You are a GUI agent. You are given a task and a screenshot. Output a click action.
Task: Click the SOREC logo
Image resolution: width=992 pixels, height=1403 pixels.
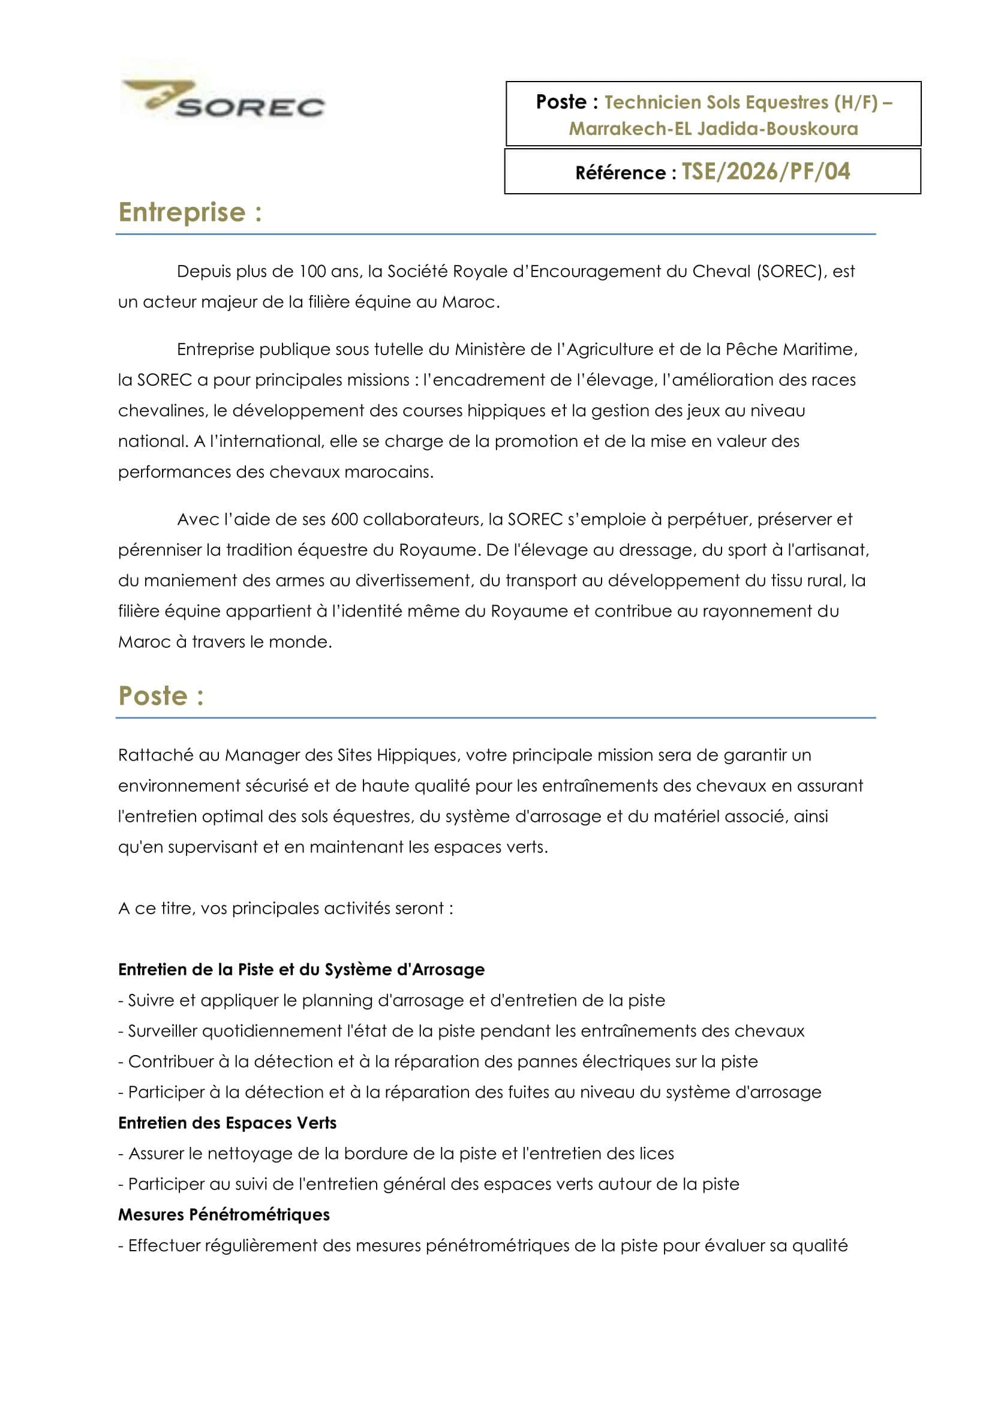[x=224, y=98]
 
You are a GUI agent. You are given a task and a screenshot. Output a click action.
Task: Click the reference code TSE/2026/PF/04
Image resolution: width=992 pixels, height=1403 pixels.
[x=765, y=172]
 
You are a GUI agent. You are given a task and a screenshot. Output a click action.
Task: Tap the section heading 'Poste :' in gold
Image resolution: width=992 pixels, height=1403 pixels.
[x=161, y=695]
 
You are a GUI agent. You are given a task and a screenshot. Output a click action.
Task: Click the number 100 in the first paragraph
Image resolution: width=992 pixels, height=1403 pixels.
[x=312, y=271]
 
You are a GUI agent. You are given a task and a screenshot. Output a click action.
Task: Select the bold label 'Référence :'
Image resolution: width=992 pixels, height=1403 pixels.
[x=626, y=173]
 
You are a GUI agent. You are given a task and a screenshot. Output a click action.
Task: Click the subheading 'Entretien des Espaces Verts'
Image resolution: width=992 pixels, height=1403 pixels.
[x=227, y=1123]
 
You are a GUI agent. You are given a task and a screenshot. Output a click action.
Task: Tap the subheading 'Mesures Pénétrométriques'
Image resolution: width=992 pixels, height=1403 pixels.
[x=224, y=1215]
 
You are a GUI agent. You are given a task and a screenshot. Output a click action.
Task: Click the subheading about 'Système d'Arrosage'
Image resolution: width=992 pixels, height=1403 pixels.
[x=301, y=970]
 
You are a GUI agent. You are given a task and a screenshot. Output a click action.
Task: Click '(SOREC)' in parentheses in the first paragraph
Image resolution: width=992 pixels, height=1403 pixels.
[x=789, y=271]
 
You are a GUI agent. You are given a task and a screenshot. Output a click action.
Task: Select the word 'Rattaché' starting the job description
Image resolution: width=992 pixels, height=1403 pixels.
[x=156, y=755]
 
